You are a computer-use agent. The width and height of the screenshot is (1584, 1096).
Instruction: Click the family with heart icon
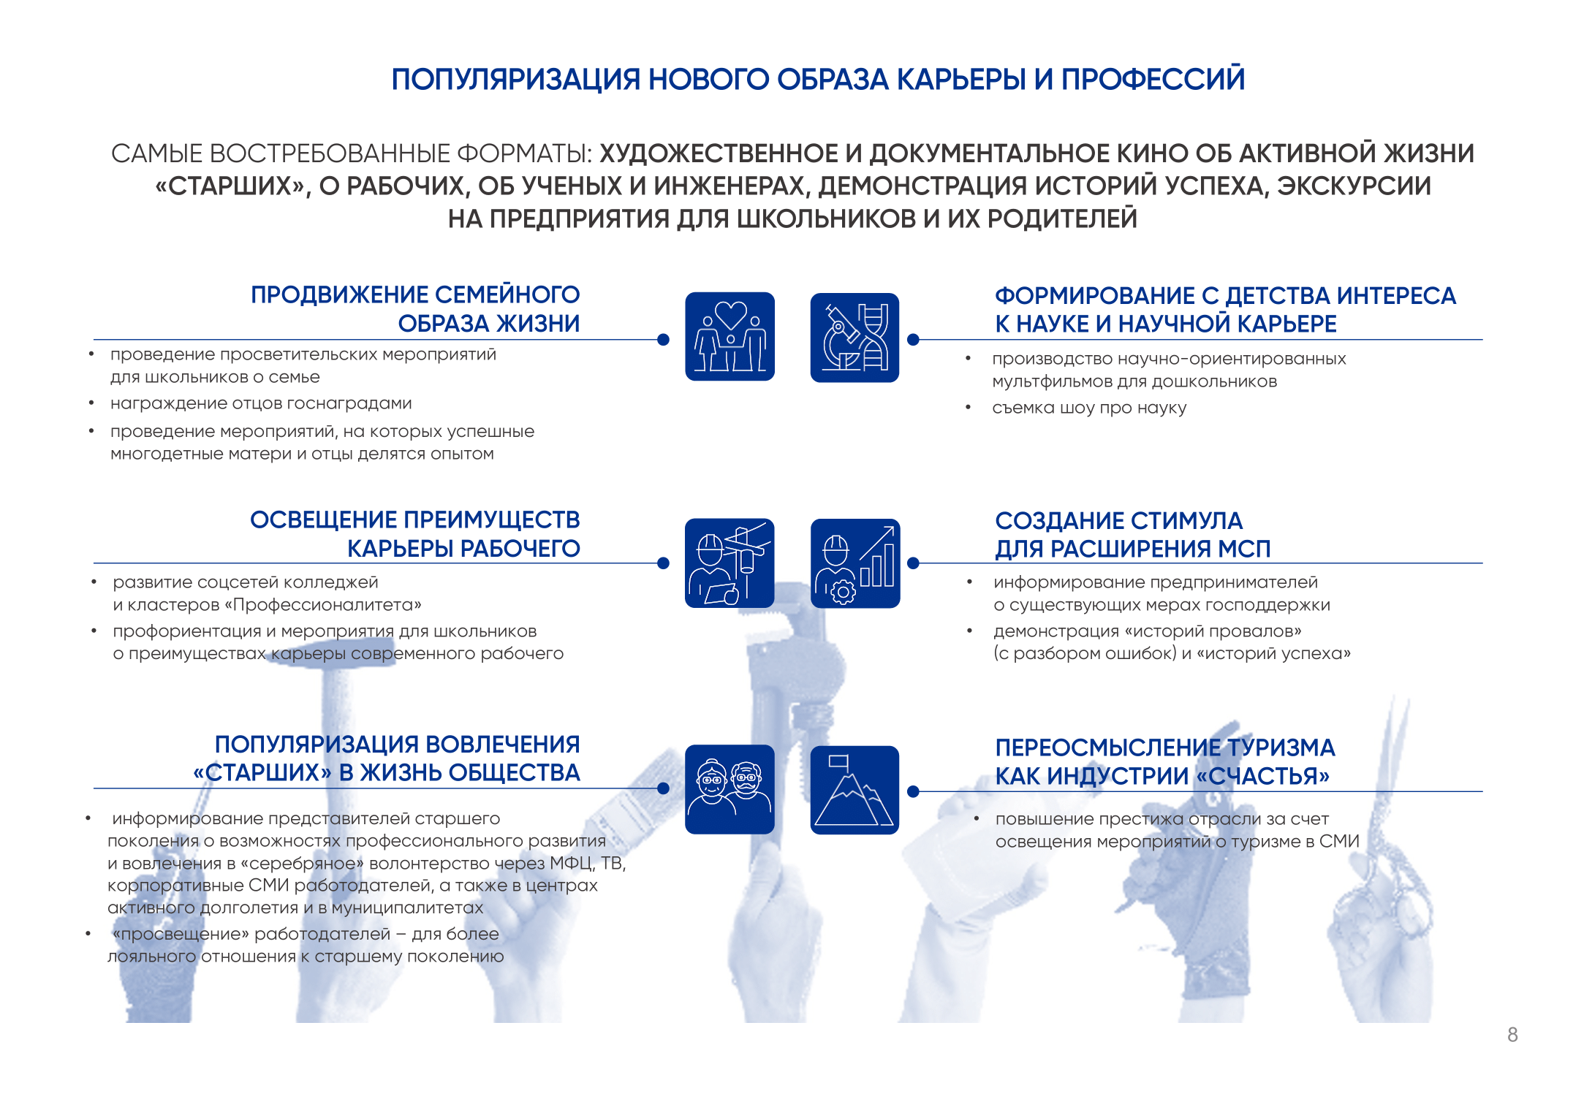pyautogui.click(x=730, y=336)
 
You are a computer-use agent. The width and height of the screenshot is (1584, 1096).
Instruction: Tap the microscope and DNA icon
pyautogui.click(x=854, y=337)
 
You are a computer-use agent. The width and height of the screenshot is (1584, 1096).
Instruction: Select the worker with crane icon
pyautogui.click(x=730, y=563)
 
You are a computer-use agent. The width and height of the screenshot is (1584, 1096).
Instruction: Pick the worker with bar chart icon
pyautogui.click(x=855, y=563)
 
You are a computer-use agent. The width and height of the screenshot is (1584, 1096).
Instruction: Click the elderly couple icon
pyautogui.click(x=730, y=789)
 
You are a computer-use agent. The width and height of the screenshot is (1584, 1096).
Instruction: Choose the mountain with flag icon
pyautogui.click(x=854, y=790)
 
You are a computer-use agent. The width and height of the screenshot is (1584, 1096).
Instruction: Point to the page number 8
pyautogui.click(x=1512, y=1035)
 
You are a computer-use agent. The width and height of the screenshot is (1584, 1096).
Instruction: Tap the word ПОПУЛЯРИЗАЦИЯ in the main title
pyautogui.click(x=516, y=80)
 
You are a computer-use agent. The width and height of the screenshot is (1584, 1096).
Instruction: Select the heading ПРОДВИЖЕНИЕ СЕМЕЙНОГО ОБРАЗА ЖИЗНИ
pyautogui.click(x=415, y=308)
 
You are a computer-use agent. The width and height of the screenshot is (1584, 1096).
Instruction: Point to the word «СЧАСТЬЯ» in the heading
pyautogui.click(x=1262, y=776)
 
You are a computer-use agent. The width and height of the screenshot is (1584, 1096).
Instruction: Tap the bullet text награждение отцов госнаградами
pyautogui.click(x=261, y=403)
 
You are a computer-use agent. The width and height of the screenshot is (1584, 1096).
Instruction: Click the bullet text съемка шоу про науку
pyautogui.click(x=1089, y=408)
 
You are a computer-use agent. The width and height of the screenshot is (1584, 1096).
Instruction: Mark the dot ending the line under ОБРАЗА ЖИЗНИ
pyautogui.click(x=663, y=340)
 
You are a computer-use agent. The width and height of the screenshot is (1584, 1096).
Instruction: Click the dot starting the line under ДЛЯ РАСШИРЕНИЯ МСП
pyautogui.click(x=913, y=563)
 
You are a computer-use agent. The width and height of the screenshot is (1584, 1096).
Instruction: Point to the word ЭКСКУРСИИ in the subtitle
pyautogui.click(x=1354, y=186)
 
